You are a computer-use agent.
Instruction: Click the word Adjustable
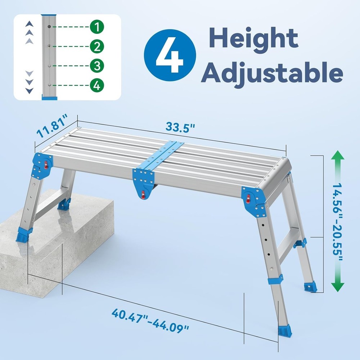click(272, 73)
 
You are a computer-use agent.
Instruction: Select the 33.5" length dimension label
click(180, 127)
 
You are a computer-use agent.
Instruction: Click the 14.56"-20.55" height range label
click(337, 223)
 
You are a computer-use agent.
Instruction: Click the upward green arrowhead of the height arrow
click(337, 158)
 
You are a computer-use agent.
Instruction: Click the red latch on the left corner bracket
click(46, 165)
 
